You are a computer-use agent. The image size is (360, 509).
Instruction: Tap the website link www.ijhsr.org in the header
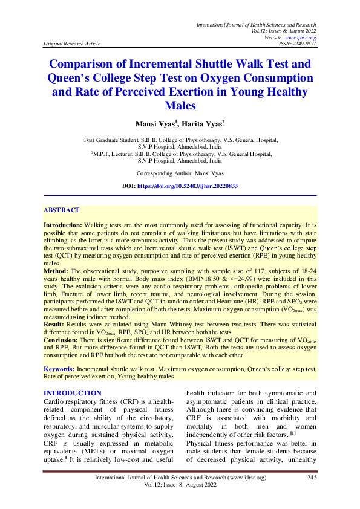click(x=305, y=37)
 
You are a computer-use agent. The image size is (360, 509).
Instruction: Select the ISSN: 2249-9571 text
click(x=298, y=44)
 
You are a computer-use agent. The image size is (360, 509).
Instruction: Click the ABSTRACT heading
click(x=61, y=210)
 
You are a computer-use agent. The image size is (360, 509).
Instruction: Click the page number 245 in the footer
click(x=312, y=478)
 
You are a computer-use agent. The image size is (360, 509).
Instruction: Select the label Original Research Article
click(x=72, y=44)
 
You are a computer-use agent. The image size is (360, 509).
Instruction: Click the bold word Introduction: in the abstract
click(x=63, y=224)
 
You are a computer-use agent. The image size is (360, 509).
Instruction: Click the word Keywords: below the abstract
click(x=59, y=368)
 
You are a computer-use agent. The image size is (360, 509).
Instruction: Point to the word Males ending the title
click(x=180, y=105)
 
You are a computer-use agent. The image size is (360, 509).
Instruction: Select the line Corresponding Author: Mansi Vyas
click(x=180, y=173)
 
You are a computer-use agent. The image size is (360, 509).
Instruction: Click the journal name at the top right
click(x=256, y=25)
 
